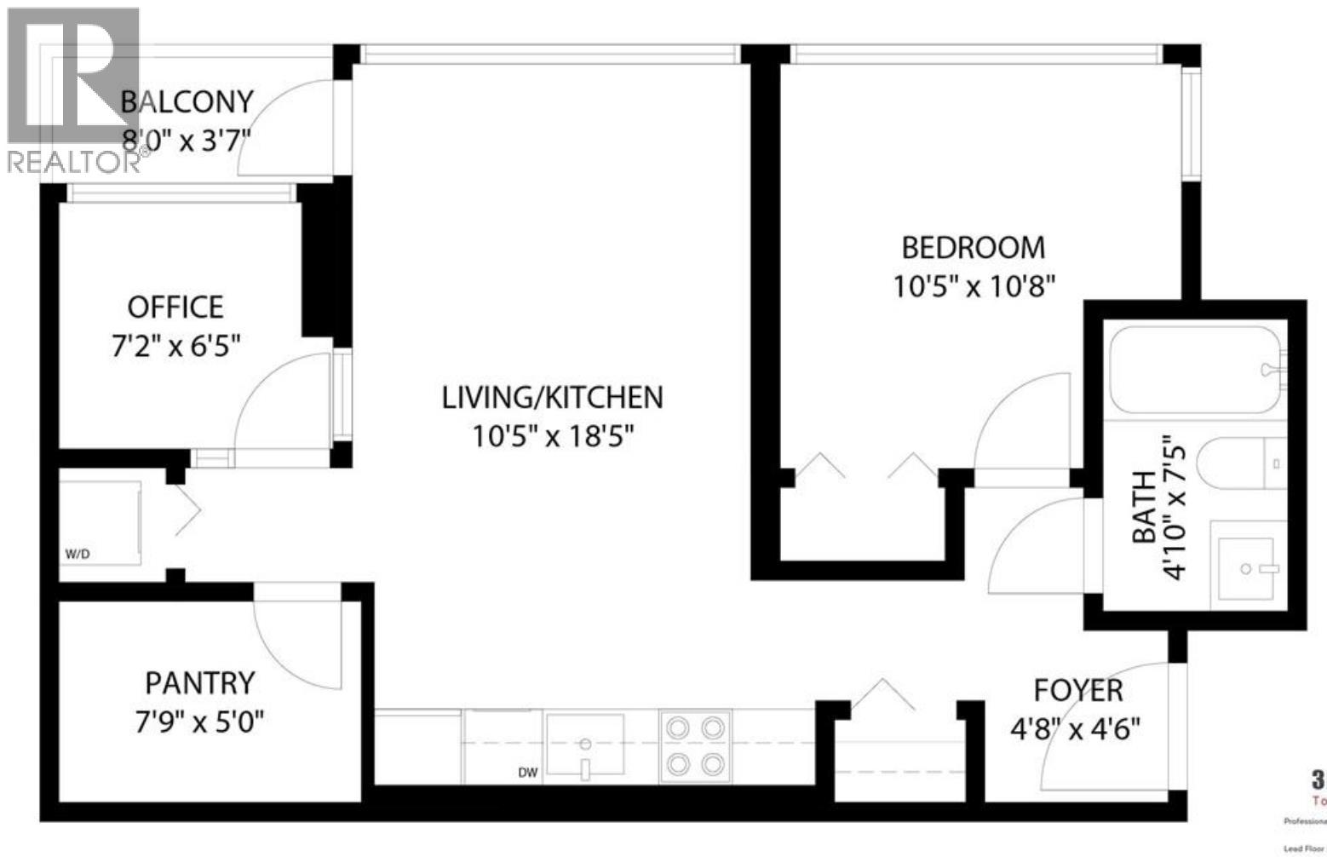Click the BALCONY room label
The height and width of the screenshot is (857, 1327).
187,101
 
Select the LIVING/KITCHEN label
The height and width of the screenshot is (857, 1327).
552,397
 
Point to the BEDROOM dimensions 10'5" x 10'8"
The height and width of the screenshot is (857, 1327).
974,286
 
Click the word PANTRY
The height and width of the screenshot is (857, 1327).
199,683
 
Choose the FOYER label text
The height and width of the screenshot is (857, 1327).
1077,690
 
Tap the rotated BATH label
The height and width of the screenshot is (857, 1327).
1143,508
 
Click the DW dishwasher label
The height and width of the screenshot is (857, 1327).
528,773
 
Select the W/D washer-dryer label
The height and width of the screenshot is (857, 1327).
78,555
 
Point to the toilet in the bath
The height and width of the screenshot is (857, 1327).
1239,464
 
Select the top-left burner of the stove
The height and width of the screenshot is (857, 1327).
679,728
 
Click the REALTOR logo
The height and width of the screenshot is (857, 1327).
72,89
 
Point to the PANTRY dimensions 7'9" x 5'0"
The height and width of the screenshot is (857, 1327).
199,723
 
